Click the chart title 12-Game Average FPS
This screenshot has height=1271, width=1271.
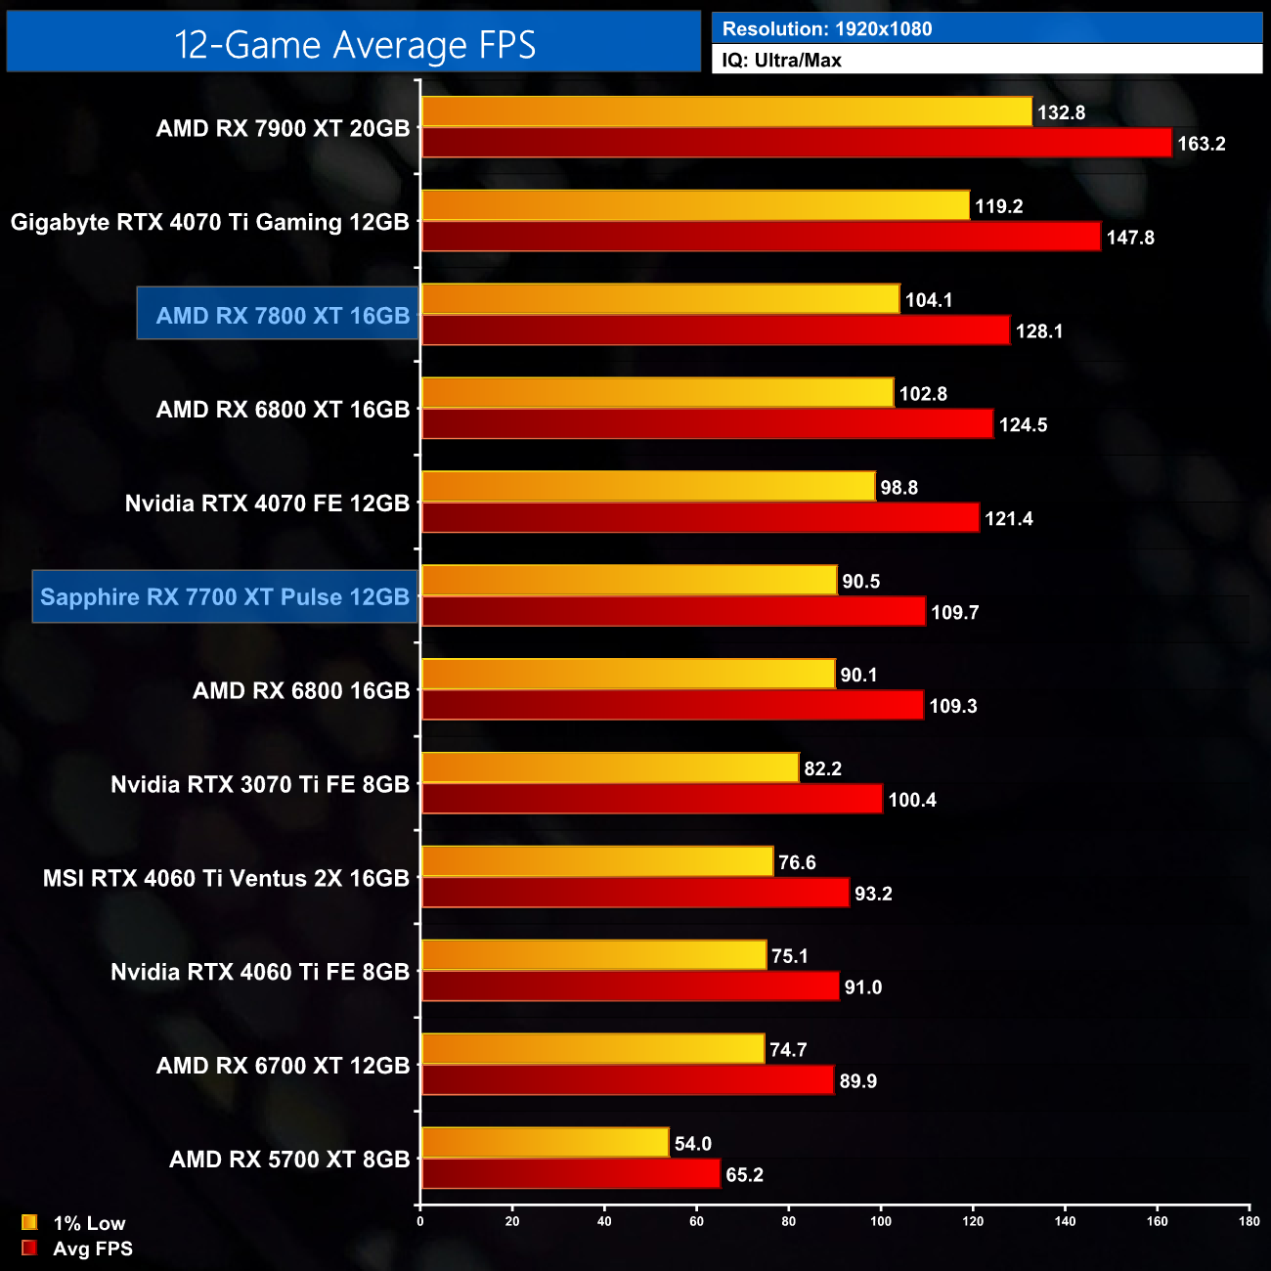(x=354, y=44)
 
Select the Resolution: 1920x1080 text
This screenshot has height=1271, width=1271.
(x=826, y=29)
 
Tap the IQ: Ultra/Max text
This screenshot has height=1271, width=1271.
(x=781, y=60)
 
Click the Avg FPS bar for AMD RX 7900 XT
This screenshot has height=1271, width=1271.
(x=796, y=143)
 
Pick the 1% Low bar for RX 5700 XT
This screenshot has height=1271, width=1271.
(x=545, y=1142)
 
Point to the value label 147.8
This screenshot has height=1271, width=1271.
(x=1130, y=238)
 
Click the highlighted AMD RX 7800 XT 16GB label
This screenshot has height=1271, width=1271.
(x=282, y=315)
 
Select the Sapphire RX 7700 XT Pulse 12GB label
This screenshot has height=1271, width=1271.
(x=225, y=596)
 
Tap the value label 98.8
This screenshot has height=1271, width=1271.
(x=898, y=488)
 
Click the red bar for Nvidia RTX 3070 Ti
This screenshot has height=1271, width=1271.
(x=651, y=799)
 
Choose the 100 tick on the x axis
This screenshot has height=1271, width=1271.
(x=881, y=1220)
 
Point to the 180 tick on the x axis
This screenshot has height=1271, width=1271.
(x=1249, y=1220)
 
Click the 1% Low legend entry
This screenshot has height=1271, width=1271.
(x=76, y=1223)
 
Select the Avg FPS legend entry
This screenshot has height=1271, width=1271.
(x=78, y=1249)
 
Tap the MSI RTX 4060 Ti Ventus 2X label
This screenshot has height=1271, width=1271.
(x=226, y=878)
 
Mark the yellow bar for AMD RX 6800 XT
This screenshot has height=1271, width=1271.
(x=657, y=393)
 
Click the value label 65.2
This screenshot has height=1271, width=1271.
(x=744, y=1175)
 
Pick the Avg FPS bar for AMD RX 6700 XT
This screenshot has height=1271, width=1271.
(x=627, y=1080)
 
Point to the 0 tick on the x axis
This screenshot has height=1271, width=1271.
(x=420, y=1220)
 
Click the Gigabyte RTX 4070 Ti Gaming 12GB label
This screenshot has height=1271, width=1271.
(x=209, y=222)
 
